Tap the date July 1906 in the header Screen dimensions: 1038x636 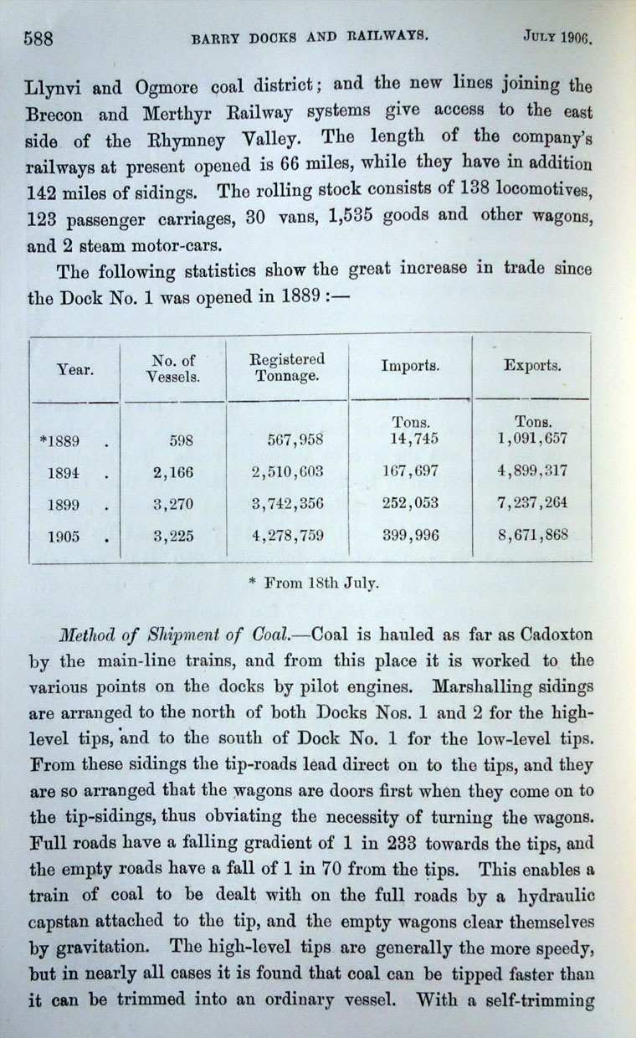[x=556, y=37]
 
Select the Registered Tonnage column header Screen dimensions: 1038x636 [x=287, y=367]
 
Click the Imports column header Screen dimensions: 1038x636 [x=411, y=367]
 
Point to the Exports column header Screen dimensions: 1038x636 [x=531, y=367]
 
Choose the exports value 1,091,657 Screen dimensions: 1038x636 [x=531, y=438]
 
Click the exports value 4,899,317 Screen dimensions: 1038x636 [x=531, y=471]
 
